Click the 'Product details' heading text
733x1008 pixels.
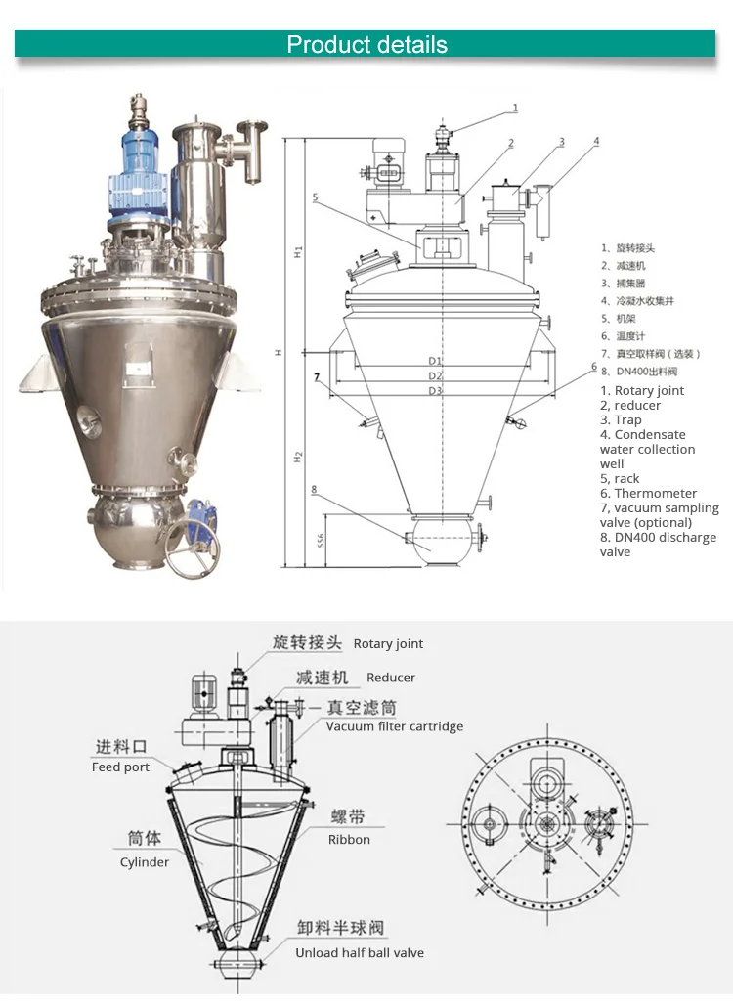pos(366,45)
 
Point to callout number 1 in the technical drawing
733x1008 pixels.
pos(515,109)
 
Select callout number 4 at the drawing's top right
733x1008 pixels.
pos(596,141)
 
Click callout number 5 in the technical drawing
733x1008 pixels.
pos(316,197)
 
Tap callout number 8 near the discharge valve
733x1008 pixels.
pos(314,489)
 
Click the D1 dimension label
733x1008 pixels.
pos(435,361)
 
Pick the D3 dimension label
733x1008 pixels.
pos(435,391)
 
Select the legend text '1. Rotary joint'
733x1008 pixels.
pos(642,390)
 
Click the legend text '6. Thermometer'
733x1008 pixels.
pos(648,493)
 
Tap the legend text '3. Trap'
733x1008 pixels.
pos(621,419)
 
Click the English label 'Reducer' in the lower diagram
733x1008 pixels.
pos(391,678)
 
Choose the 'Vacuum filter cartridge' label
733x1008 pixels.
pos(395,726)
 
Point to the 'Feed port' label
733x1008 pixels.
pos(120,767)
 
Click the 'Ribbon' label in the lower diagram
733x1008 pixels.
pos(349,839)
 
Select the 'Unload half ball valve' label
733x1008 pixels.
pos(360,952)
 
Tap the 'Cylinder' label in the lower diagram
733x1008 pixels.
pos(145,862)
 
